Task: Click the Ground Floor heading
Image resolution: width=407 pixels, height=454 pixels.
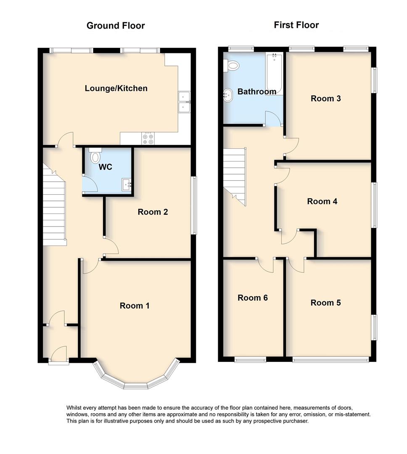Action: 116,26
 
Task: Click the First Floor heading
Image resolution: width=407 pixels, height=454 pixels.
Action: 296,25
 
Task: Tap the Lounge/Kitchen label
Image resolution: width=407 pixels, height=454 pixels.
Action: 116,88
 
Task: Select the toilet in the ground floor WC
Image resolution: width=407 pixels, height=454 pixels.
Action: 95,156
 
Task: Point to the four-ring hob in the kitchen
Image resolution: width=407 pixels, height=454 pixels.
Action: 148,138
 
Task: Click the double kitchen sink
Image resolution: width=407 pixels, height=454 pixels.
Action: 184,102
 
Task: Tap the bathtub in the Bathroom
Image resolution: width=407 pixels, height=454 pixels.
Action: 274,74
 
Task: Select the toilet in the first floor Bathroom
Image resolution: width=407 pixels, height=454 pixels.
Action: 231,65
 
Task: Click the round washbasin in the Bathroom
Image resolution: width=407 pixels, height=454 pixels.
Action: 228,95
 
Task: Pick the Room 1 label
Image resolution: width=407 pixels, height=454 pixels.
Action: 135,306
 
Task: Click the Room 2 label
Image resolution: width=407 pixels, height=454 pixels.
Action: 153,212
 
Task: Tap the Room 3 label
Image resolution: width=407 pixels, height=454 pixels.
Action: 325,98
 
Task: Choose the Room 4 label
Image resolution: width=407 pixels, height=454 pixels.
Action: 322,201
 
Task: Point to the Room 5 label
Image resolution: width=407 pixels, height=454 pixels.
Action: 325,303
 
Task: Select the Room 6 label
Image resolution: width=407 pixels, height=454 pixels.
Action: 253,298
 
